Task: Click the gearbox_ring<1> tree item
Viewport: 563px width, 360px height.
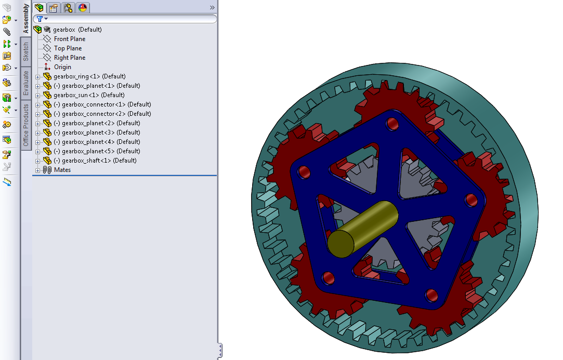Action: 89,76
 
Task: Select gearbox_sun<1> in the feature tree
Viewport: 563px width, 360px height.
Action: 89,95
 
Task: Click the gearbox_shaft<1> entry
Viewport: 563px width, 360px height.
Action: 99,161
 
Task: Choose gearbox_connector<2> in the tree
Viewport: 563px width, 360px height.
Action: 106,114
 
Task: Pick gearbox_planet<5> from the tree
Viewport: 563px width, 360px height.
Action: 100,151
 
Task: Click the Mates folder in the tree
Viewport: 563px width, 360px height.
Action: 62,170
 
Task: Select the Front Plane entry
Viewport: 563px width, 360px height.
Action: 69,39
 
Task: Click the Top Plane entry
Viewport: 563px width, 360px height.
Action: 68,48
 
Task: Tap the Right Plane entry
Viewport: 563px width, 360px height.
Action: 69,58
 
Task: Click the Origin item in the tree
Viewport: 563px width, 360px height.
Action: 62,67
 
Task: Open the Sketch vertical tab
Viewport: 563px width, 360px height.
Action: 26,52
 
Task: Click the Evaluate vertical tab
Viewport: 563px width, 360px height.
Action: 26,83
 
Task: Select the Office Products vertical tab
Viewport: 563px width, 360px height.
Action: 26,125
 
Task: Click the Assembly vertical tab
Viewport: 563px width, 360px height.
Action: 26,18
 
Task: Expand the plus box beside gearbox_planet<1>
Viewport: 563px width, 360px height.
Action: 37,86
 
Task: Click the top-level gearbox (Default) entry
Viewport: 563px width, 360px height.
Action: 77,30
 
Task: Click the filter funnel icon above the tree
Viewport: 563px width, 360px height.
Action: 40,19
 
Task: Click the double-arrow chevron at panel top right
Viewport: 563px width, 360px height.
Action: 212,8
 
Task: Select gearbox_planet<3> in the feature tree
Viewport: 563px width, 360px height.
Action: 100,132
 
